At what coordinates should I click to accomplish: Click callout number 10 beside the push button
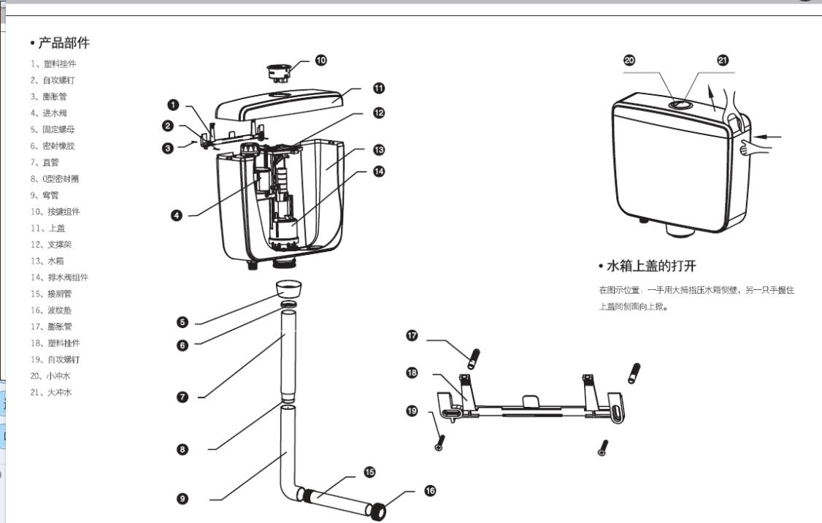click(321, 60)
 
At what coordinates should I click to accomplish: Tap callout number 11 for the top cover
click(379, 88)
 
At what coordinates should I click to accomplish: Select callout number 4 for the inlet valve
click(176, 215)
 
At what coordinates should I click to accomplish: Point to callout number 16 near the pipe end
click(430, 491)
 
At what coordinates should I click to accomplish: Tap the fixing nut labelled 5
click(290, 286)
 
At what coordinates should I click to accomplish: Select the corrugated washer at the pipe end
click(378, 511)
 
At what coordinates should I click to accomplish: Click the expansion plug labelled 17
click(473, 359)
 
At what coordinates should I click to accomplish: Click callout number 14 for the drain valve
click(379, 172)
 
